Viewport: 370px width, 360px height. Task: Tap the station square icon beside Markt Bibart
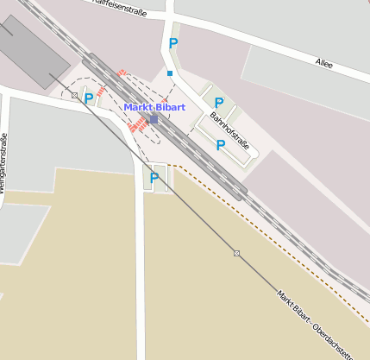coord(154,119)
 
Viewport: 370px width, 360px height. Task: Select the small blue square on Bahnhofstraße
coord(170,73)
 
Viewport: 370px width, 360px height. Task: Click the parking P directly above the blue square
coord(173,43)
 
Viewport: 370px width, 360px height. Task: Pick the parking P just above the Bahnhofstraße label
coord(218,103)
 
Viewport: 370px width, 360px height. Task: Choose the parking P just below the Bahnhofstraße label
coord(220,144)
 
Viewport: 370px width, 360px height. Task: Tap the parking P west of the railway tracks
coord(89,99)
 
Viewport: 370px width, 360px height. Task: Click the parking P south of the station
coord(154,178)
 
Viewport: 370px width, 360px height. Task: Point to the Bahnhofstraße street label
coord(229,128)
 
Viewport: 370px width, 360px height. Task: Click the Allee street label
coord(323,63)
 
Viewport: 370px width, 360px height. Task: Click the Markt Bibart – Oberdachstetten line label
coord(316,325)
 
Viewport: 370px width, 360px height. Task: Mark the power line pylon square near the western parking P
coord(75,95)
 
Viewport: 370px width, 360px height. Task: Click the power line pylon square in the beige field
coord(236,253)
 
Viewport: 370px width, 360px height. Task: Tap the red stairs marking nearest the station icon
coord(139,125)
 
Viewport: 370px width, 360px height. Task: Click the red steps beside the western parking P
coord(102,90)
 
